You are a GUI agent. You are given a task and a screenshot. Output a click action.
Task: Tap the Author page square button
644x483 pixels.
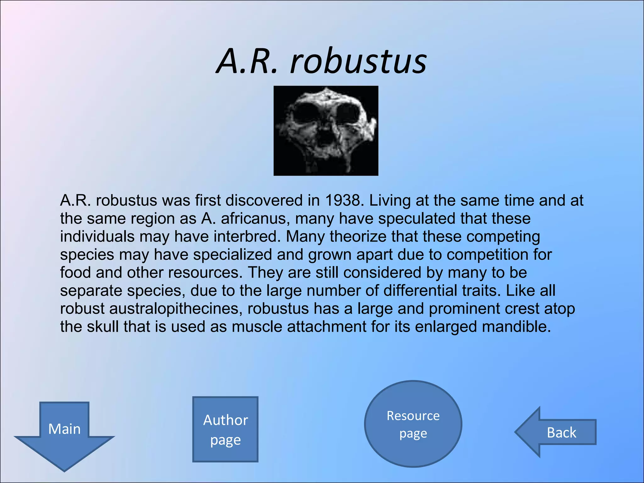tap(225, 429)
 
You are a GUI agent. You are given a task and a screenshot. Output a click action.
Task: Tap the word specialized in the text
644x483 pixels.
tap(232, 254)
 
